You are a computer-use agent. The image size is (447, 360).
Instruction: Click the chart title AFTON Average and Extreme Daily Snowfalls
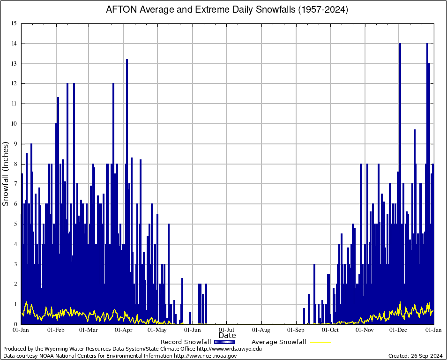click(x=227, y=9)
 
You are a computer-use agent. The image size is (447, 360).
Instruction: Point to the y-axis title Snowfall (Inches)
click(x=6, y=174)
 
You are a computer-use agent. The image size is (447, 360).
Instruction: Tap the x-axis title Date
click(x=227, y=335)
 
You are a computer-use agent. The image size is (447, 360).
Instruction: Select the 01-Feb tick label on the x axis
click(x=56, y=330)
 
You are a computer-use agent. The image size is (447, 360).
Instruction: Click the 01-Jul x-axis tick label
click(x=227, y=330)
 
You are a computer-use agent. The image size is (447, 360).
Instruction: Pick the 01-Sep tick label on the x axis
click(x=296, y=330)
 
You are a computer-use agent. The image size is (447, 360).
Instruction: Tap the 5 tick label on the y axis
click(x=15, y=224)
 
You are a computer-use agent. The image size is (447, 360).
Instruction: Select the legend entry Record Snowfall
click(x=186, y=342)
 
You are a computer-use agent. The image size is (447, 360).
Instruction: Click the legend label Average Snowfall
click(x=279, y=342)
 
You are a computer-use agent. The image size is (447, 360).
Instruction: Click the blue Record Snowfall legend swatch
click(x=224, y=342)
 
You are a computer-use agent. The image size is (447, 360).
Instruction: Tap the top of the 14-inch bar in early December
click(x=400, y=44)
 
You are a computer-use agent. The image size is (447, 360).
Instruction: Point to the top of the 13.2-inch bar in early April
click(x=127, y=60)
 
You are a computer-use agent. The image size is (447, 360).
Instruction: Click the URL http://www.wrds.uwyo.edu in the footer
click(x=229, y=349)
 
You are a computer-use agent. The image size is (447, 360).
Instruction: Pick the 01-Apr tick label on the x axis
click(x=124, y=330)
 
